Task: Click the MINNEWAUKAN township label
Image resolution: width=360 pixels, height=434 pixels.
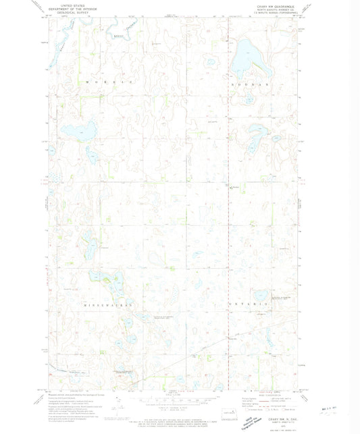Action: tap(111, 306)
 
